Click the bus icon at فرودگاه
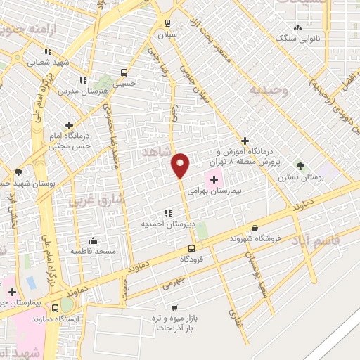coord(192,249)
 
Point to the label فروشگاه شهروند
coord(255,238)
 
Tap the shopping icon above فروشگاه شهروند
coord(254,228)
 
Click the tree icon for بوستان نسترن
coord(301,166)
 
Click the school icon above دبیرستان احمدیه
coord(167,213)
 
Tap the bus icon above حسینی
coord(124,72)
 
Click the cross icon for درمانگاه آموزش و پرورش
coord(245,141)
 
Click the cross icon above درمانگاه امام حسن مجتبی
coord(68,124)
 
